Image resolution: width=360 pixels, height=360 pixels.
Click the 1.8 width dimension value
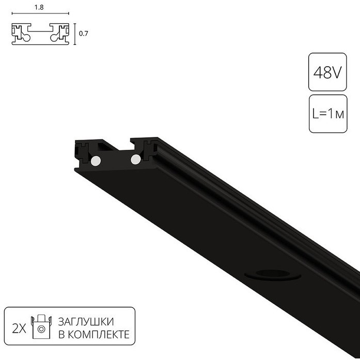click(39, 7)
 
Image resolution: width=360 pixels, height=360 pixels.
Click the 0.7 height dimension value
click(83, 34)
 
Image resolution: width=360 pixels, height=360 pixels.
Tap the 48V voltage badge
click(327, 72)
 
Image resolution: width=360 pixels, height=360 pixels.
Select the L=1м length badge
click(328, 114)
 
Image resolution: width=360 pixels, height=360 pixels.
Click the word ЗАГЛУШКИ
click(86, 322)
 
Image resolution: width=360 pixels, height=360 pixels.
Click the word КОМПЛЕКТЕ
click(99, 335)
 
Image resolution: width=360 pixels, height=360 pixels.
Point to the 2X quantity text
click(19, 329)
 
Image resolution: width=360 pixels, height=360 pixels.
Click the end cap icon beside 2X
click(41, 326)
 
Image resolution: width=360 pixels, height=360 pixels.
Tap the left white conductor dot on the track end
click(96, 161)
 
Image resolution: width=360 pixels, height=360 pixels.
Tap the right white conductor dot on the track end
click(136, 159)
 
